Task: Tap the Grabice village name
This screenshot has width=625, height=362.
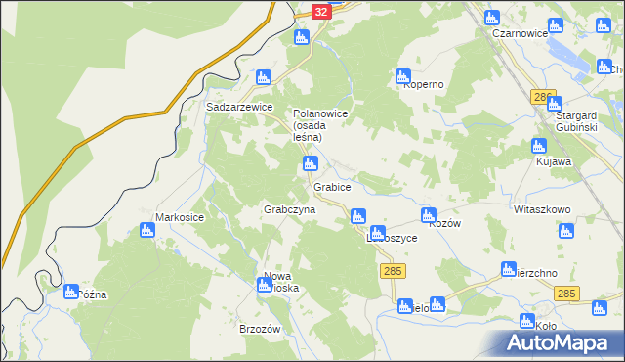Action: click(x=332, y=185)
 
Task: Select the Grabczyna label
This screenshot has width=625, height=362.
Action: click(x=289, y=210)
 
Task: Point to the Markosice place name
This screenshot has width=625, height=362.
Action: click(x=181, y=216)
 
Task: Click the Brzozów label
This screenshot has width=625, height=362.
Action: click(x=260, y=329)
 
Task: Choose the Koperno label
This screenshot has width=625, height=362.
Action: click(x=424, y=84)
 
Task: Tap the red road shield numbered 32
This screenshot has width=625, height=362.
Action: click(x=322, y=11)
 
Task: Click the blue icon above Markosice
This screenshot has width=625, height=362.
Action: click(x=147, y=230)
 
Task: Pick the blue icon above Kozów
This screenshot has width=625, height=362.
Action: click(x=427, y=214)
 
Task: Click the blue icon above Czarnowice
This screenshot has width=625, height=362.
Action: click(x=492, y=17)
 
